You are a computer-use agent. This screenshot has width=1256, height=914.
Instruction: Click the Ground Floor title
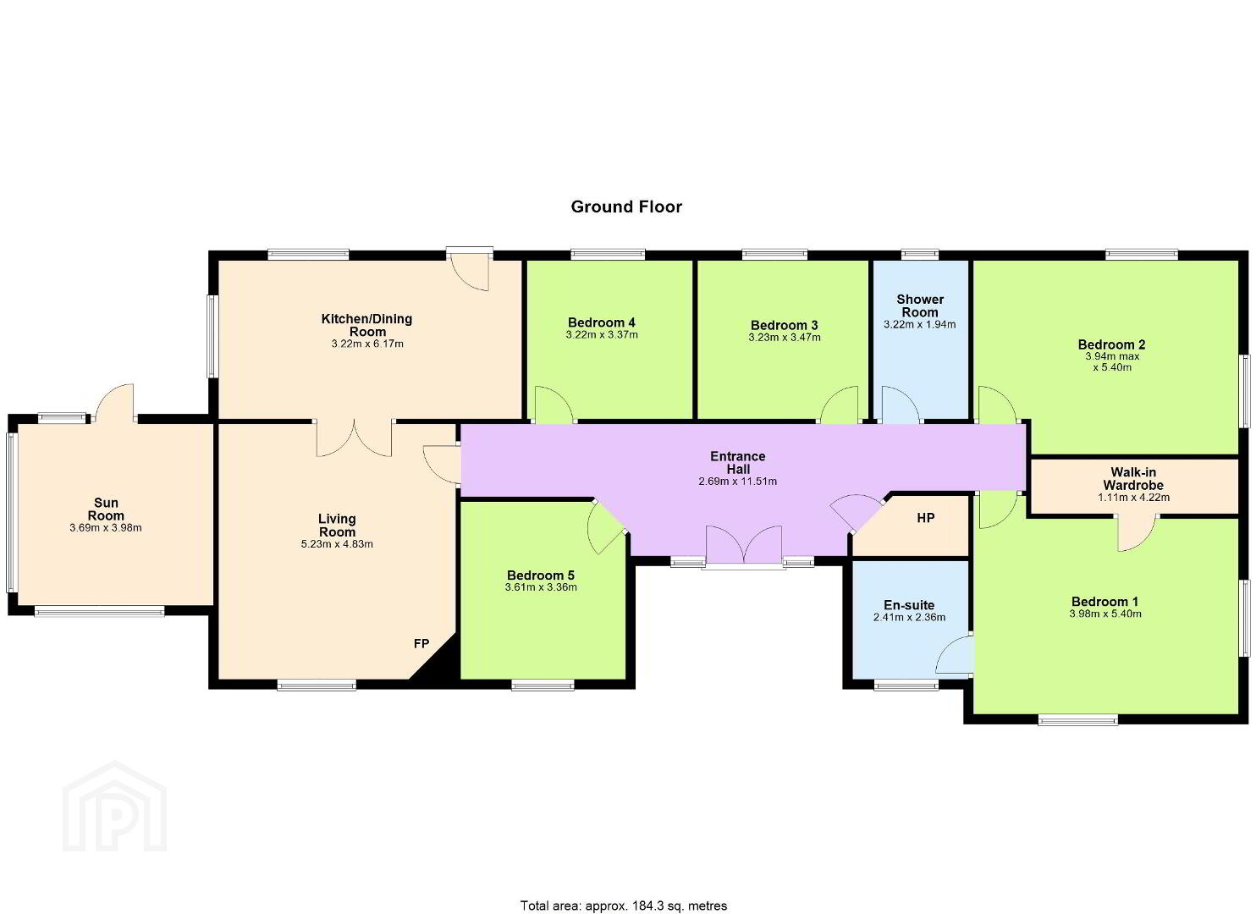point(625,206)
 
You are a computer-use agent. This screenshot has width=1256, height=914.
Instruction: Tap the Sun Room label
point(106,509)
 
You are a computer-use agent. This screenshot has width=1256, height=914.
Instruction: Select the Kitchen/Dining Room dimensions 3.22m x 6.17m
point(367,344)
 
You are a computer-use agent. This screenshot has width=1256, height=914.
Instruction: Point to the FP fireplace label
point(421,644)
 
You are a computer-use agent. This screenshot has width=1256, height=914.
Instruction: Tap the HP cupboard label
point(926,518)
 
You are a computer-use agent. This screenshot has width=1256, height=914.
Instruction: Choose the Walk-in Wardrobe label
point(1133,478)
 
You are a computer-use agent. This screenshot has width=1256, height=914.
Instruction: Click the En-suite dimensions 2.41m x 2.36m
point(910,617)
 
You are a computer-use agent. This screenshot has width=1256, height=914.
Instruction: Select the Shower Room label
point(919,306)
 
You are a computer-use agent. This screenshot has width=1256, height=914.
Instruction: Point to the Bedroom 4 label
point(601,322)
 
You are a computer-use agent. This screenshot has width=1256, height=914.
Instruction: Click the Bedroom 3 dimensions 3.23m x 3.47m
point(785,338)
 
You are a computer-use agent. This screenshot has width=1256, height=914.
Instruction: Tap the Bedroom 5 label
point(541,575)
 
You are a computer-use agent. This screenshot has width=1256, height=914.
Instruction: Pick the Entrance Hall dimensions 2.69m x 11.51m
point(737,481)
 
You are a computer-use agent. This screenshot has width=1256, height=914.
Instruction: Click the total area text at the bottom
point(624,890)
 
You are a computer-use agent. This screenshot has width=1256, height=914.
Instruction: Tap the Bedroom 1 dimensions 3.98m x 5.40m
point(1105,614)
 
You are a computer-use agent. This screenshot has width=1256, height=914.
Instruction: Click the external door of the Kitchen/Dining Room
point(470,269)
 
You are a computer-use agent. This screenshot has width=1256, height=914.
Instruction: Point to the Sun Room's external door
point(115,403)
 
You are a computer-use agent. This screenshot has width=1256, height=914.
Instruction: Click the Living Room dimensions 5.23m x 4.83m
point(337,544)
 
